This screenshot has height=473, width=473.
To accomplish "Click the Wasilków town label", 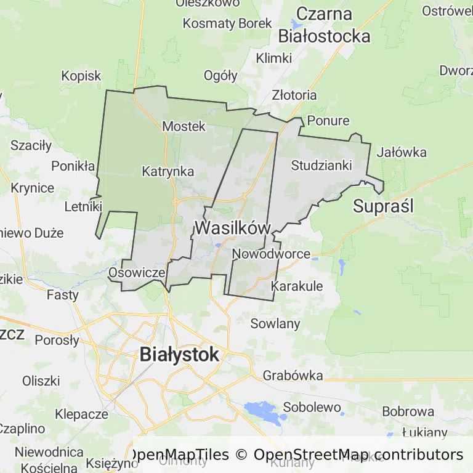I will click(x=233, y=228).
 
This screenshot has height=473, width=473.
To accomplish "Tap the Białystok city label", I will click(x=179, y=355).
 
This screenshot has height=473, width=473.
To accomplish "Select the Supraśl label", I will click(x=383, y=206).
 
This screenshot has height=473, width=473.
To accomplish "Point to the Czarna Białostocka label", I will click(x=325, y=25).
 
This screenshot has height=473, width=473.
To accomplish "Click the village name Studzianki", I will click(x=321, y=165).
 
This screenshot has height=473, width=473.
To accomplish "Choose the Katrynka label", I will click(x=168, y=172).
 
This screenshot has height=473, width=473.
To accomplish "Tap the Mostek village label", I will click(x=184, y=126).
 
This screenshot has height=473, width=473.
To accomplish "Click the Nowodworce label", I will click(x=271, y=254).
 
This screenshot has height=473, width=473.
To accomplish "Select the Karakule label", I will click(x=297, y=286).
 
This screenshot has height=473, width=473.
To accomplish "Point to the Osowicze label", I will click(x=136, y=272).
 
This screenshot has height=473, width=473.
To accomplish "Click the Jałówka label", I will click(x=402, y=152).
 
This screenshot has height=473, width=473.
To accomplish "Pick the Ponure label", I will click(x=328, y=121).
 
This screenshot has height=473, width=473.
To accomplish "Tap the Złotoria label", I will click(x=294, y=95).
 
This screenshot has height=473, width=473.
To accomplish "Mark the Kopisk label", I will click(x=81, y=76).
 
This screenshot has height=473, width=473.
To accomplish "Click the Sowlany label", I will click(x=275, y=324).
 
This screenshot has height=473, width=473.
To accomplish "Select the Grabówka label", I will click(x=293, y=375).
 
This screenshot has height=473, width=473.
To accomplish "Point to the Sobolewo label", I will click(x=312, y=407).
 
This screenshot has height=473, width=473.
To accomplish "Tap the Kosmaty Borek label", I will click(x=227, y=24).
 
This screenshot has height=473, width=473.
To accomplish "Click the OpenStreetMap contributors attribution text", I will click(x=358, y=455).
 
